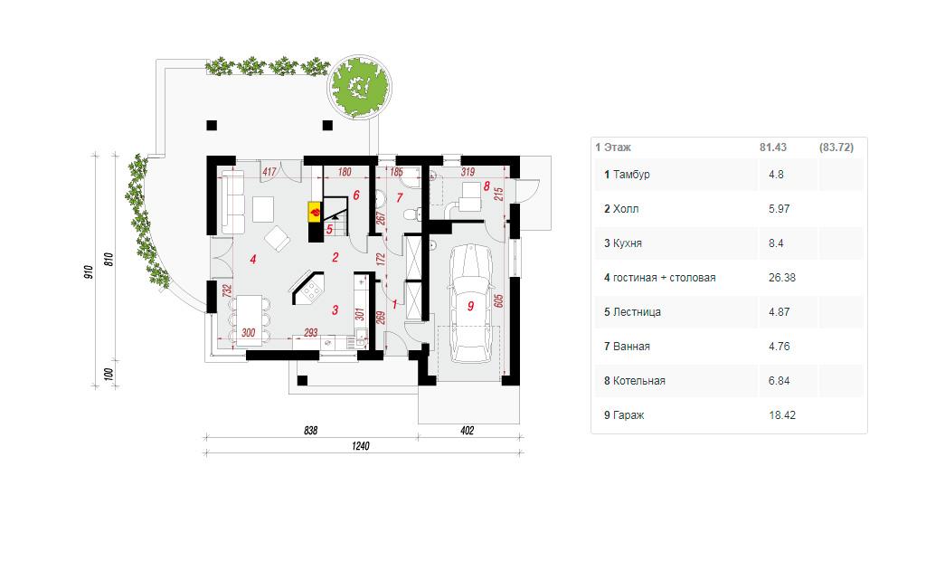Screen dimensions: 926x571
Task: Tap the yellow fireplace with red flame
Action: (x=315, y=211)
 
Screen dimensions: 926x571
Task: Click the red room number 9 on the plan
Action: (x=470, y=306)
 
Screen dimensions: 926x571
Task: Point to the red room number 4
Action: (x=253, y=259)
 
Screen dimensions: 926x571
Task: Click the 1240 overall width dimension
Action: (x=360, y=446)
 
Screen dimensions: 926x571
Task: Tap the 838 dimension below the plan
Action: (x=311, y=431)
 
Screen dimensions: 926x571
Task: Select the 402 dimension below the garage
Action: (x=468, y=431)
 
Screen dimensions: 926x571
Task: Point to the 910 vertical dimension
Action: (x=89, y=271)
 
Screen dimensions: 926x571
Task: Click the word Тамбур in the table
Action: (x=631, y=175)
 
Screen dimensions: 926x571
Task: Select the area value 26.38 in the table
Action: (x=782, y=277)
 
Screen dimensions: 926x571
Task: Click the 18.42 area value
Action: (x=782, y=415)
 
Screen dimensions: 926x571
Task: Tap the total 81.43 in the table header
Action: (x=773, y=148)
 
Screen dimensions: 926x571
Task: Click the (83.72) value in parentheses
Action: (x=836, y=148)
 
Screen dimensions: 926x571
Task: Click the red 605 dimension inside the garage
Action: (x=498, y=300)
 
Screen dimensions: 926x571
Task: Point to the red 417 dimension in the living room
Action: (x=269, y=172)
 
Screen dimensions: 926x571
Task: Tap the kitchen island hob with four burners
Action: (x=309, y=290)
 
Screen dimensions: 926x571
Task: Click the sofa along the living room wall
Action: (x=232, y=202)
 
